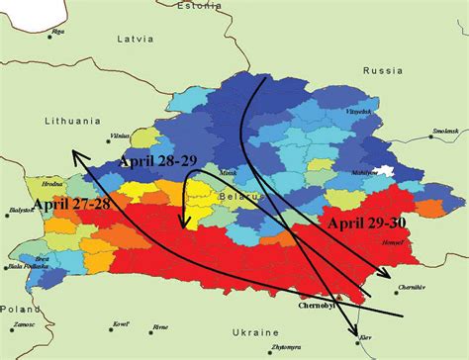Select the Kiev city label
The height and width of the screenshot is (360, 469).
368,342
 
